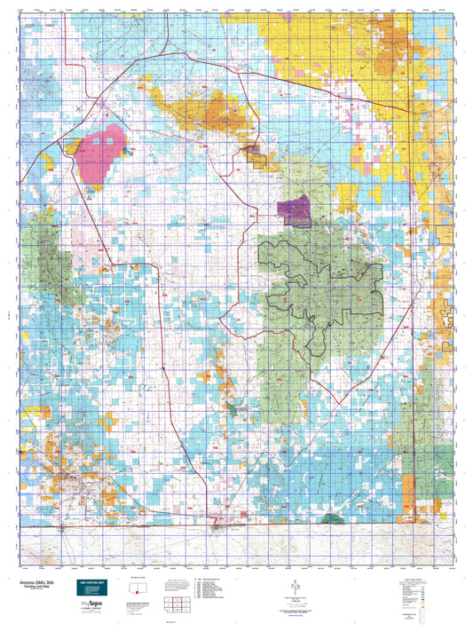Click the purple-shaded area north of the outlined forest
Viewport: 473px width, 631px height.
(292, 212)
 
